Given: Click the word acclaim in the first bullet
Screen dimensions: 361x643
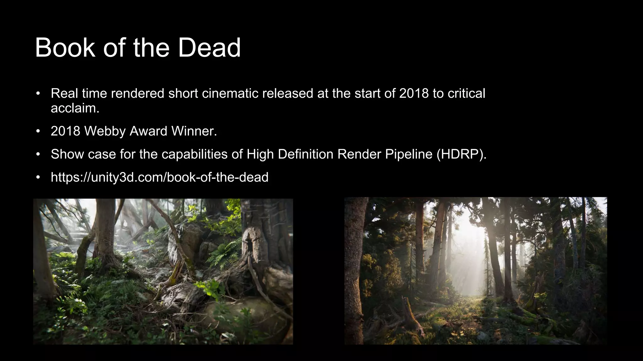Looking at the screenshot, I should click(x=74, y=108).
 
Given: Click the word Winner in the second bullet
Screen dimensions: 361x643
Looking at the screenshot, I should click(x=193, y=131).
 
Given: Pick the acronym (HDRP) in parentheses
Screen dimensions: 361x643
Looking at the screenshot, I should click(x=461, y=154).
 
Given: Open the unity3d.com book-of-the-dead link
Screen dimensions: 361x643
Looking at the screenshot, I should click(x=159, y=177).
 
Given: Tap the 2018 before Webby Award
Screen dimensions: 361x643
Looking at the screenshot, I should click(x=65, y=131).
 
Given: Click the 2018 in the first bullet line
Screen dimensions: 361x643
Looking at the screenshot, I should click(x=414, y=93).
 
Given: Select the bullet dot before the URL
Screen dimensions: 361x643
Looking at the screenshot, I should click(x=38, y=177).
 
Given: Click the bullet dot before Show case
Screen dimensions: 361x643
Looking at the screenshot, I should click(x=38, y=154).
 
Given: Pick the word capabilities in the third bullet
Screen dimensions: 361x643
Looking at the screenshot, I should click(x=194, y=154).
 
